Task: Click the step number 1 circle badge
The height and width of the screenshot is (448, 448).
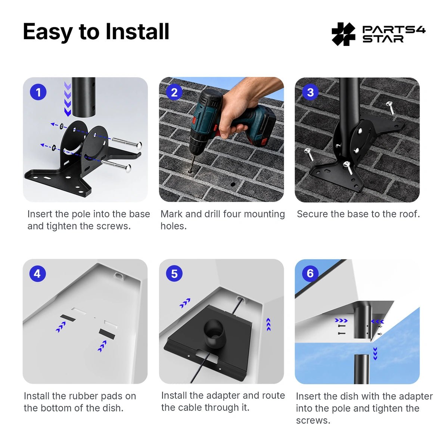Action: coord(38,92)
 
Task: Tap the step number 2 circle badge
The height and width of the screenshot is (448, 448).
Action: coord(174,92)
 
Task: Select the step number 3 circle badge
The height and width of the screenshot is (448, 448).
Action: coord(310,92)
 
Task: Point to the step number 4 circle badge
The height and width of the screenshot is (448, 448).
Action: coord(37,274)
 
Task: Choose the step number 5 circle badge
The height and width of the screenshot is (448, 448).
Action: coord(174,274)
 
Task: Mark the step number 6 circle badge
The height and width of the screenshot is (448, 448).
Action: coord(310,273)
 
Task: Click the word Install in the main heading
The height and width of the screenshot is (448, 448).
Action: coord(137,32)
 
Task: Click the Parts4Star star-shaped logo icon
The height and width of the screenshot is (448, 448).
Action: coord(343,34)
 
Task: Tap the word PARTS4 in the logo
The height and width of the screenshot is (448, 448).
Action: coord(394,30)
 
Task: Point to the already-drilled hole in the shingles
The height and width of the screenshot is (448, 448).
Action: coord(233,184)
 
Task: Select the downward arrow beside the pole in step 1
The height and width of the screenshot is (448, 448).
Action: coord(68,99)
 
